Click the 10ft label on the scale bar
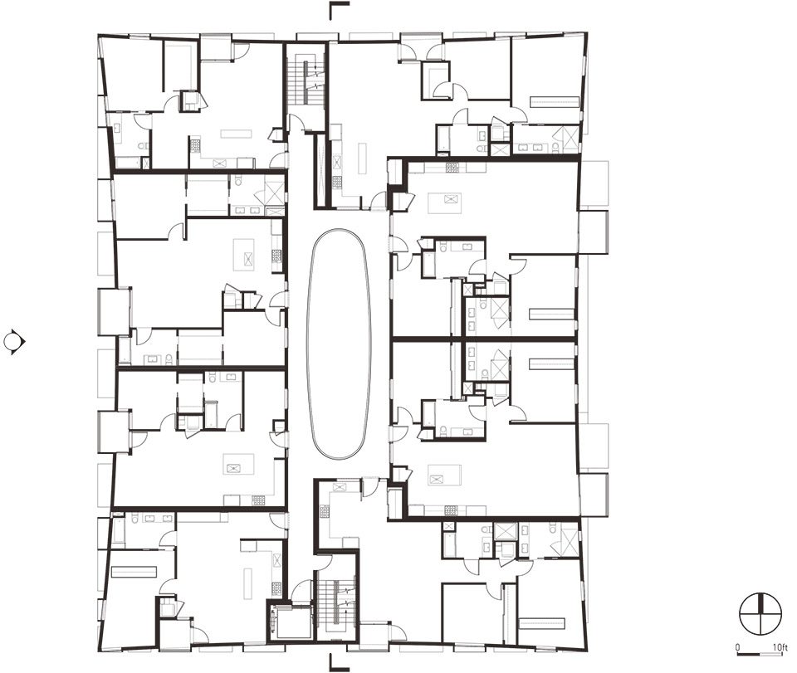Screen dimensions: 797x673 pos(780,647)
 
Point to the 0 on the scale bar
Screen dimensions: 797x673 pos(738,647)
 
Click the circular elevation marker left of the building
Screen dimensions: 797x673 pos(14,341)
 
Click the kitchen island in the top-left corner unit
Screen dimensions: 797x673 pos(236,134)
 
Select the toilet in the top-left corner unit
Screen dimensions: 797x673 pos(144,147)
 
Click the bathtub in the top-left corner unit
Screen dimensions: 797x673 pos(128,163)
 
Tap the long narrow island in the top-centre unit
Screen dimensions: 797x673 pos(363,158)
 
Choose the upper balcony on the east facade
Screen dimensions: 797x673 pos(594,232)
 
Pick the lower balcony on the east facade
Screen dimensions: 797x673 pos(594,495)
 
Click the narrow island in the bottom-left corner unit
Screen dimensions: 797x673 pos(247,583)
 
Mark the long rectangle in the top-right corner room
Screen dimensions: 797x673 pos(555,101)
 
